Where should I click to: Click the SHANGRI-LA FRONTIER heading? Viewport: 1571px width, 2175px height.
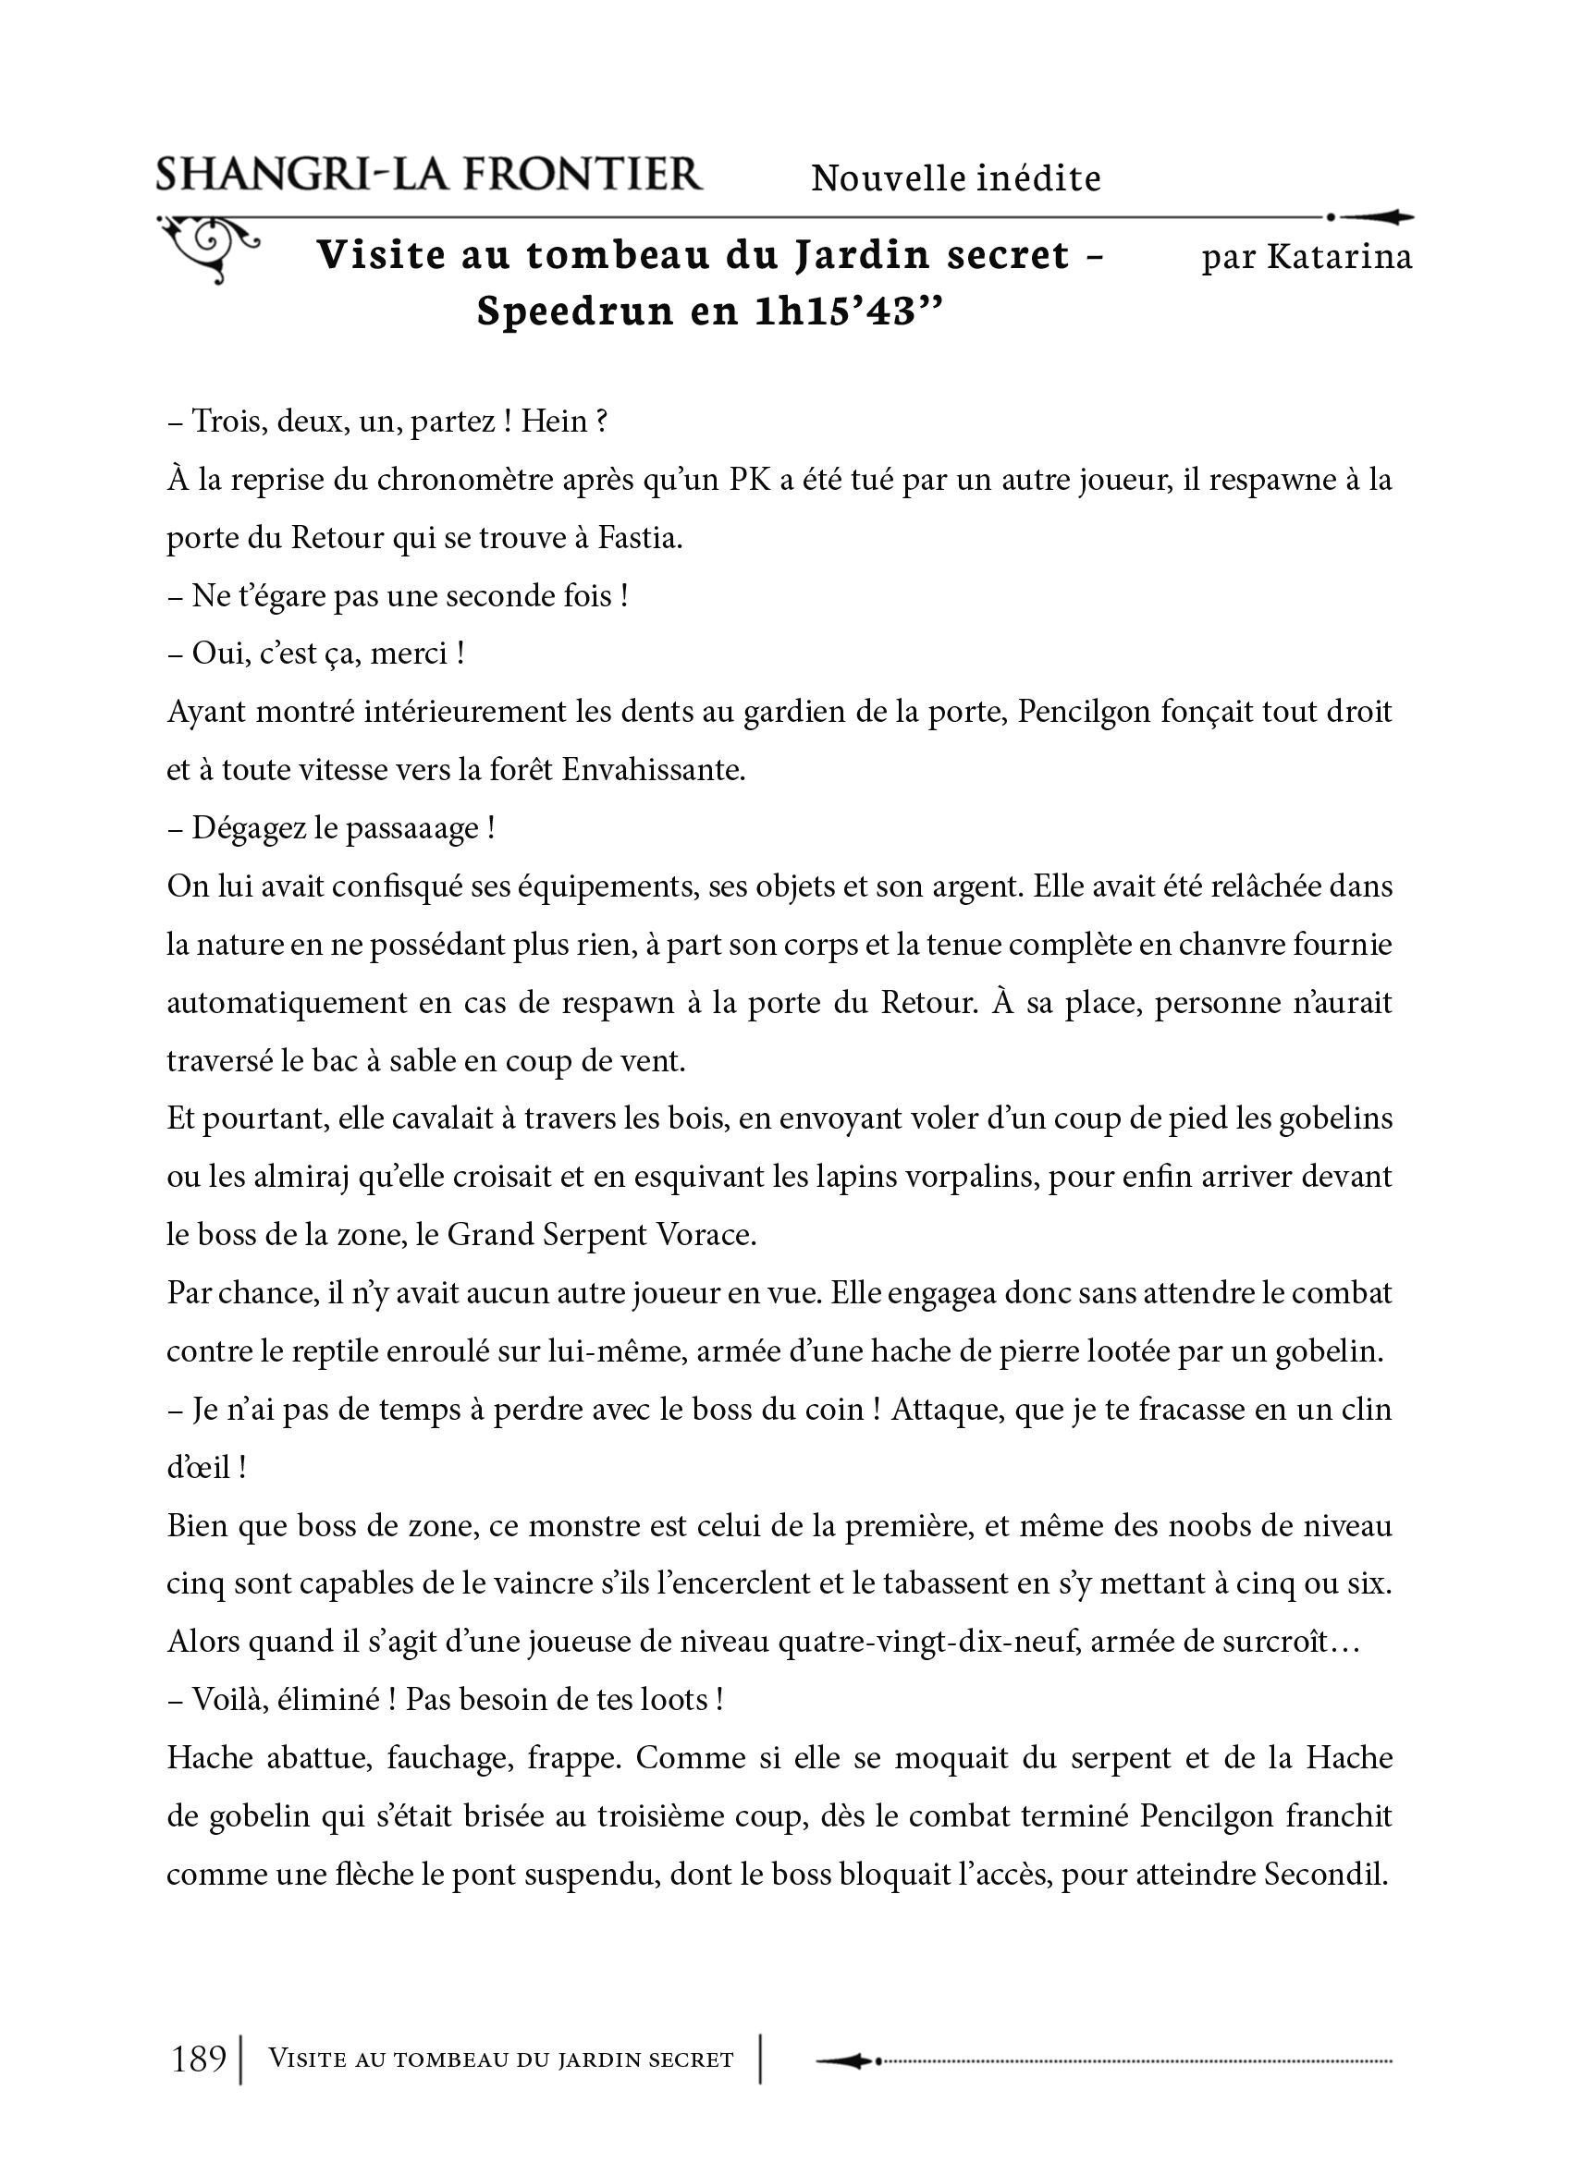pyautogui.click(x=429, y=176)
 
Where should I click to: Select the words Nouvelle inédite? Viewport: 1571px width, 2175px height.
pyautogui.click(x=955, y=178)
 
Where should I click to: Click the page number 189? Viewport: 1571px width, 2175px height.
pyautogui.click(x=199, y=2058)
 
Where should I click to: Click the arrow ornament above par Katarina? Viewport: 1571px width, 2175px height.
pyautogui.click(x=1371, y=218)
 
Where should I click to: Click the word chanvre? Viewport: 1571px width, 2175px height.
pyautogui.click(x=1097, y=945)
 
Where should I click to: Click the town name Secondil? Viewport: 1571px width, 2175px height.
pyautogui.click(x=1327, y=1874)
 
